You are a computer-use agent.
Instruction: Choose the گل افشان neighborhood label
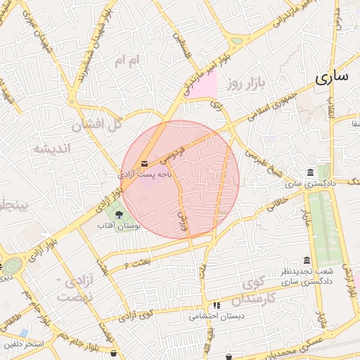pos(97,125)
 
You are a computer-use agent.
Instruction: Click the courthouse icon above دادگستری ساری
pos(310,172)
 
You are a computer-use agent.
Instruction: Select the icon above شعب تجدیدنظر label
pos(306,260)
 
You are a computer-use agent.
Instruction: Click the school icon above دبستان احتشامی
pos(217,306)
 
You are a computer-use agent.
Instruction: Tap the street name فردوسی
pos(172,150)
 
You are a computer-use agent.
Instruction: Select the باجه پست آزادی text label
pos(145,172)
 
